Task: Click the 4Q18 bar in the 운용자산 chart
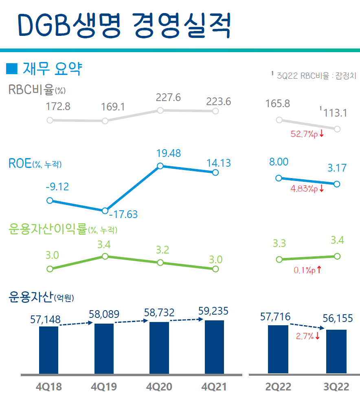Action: tap(48, 349)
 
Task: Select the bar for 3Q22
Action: tap(336, 351)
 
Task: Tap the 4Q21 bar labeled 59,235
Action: tap(214, 346)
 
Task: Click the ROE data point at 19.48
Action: tap(160, 166)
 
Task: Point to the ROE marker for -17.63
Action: tap(105, 211)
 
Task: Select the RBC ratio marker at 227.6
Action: tap(160, 110)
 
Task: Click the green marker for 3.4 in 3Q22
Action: tap(337, 256)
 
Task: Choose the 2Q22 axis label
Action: tap(279, 386)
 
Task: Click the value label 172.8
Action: tap(59, 107)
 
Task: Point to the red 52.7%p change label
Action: tap(307, 134)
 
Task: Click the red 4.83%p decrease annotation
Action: tap(307, 189)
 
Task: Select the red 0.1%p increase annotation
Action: tap(307, 270)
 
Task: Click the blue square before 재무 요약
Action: tap(12, 69)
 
